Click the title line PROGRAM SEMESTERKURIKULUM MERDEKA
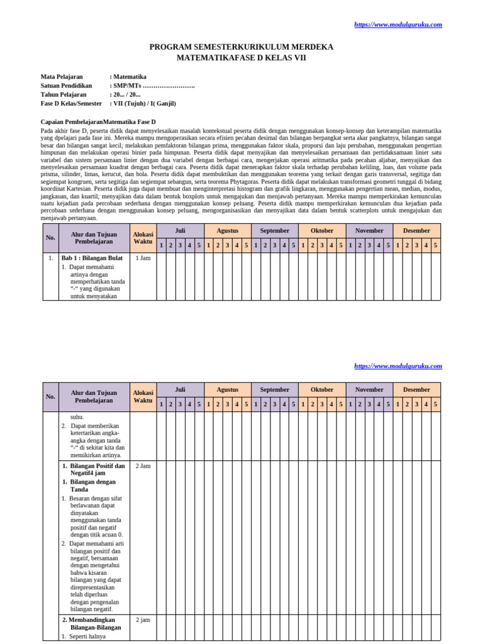pos(241,47)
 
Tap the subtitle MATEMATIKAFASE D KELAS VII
pos(241,58)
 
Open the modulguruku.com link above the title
pos(398,25)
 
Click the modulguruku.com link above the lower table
pos(398,366)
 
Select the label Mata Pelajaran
pos(62,77)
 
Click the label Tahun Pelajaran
pos(64,94)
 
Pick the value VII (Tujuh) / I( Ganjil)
pos(144,103)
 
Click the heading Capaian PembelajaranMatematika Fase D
pos(98,121)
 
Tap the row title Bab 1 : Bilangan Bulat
pos(92,258)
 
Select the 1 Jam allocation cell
pos(143,258)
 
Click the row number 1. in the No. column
pos(50,258)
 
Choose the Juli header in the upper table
pos(180,231)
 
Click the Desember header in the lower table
pos(416,389)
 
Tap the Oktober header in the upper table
pos(322,231)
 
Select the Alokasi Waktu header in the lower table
pos(143,397)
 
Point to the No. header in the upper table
pos(50,238)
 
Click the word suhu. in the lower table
pos(77,417)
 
